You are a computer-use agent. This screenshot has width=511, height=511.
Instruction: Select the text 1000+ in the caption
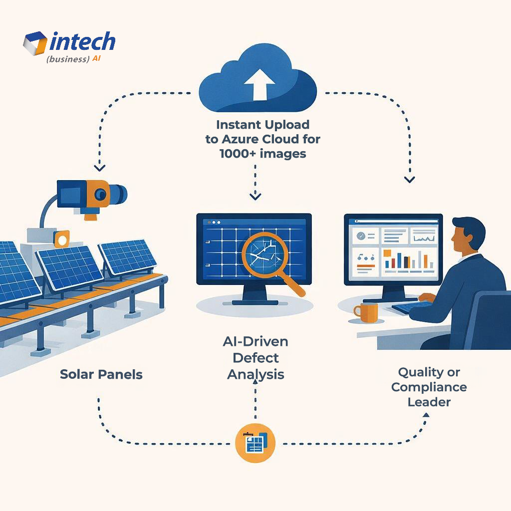click(x=238, y=154)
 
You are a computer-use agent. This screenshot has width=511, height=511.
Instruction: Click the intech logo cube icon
click(x=35, y=43)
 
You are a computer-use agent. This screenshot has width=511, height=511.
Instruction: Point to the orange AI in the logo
click(x=98, y=59)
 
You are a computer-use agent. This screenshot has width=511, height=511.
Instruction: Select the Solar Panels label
click(x=101, y=374)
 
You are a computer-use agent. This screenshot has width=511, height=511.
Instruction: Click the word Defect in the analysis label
click(x=255, y=358)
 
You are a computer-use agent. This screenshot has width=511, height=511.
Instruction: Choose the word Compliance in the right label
click(x=429, y=387)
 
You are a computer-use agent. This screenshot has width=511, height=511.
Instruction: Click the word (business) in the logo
click(x=67, y=59)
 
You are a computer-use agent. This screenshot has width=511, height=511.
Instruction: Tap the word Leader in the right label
click(x=429, y=402)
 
